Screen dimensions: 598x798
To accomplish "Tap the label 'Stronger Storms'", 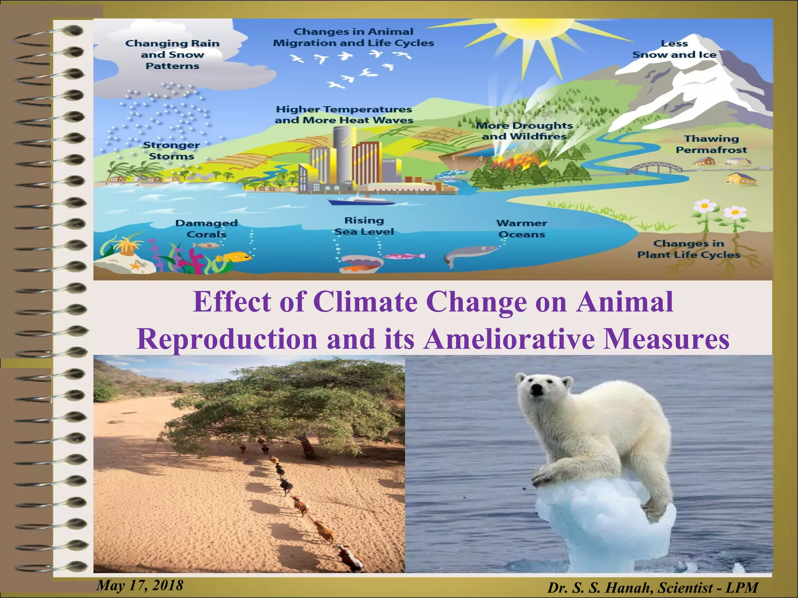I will [171, 151].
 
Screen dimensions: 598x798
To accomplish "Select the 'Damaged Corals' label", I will [206, 229].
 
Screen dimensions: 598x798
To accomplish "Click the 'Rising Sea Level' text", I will [364, 226].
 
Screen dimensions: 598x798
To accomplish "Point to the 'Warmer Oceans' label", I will [521, 229].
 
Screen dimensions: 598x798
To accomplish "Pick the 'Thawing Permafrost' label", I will [711, 144].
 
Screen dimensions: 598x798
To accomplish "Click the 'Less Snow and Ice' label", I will [674, 49].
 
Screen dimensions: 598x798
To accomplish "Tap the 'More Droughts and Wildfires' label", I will [524, 131].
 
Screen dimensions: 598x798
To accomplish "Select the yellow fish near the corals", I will [235, 257].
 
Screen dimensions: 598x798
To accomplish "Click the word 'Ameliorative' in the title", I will [509, 339].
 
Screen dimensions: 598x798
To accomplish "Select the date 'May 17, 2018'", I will [140, 585].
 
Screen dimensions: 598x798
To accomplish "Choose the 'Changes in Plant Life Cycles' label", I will [689, 249].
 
